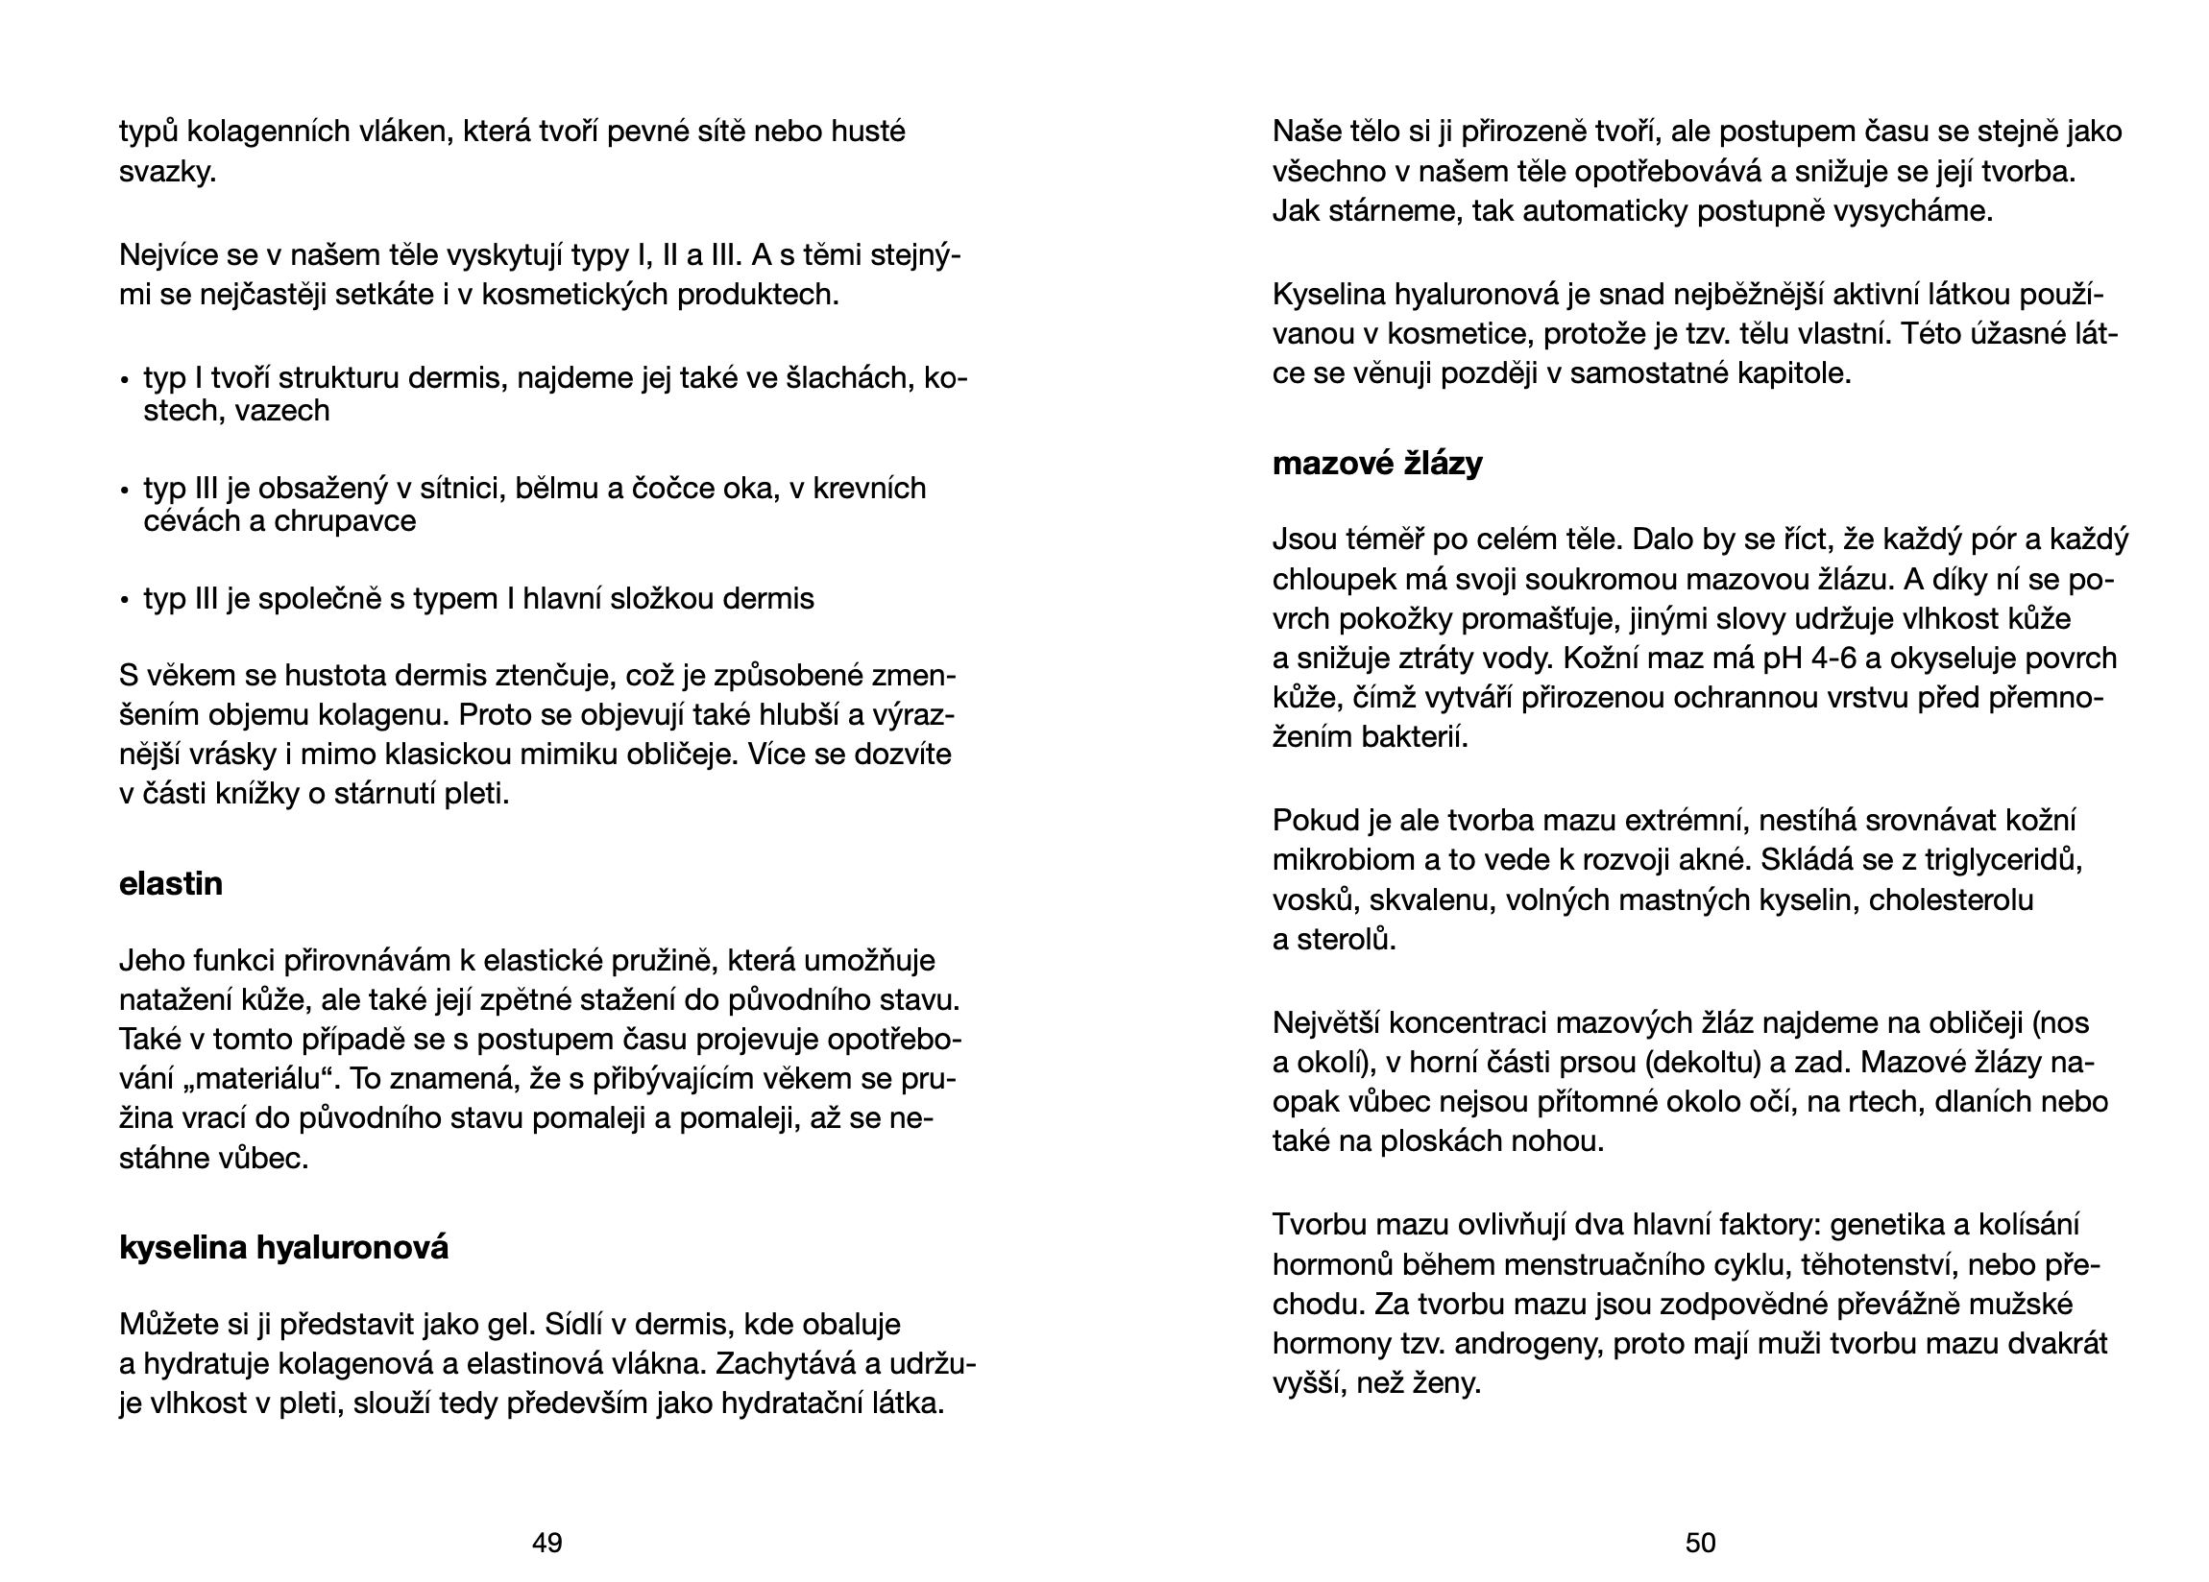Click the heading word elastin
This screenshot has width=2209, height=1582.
(x=170, y=884)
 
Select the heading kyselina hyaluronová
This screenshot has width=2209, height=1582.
(x=283, y=1247)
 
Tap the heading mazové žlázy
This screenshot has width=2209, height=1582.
(x=1377, y=464)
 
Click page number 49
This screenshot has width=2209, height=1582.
(x=546, y=1542)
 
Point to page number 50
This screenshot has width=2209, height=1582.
(x=1700, y=1542)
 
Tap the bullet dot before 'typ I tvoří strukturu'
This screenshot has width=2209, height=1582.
(x=125, y=380)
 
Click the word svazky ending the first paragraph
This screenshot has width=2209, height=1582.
(x=165, y=173)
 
